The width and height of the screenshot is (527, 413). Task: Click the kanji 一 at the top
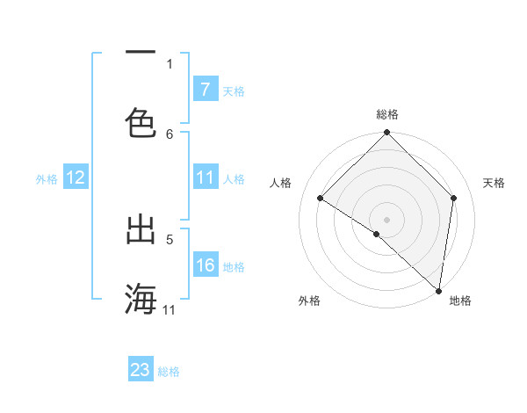[x=141, y=53]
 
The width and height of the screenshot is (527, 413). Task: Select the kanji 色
[x=141, y=122]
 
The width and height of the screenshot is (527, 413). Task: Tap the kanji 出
[x=141, y=230]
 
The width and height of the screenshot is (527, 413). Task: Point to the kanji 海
[x=141, y=299]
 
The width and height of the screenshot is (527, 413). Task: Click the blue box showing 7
[x=205, y=90]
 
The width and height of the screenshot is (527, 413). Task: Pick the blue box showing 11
[x=205, y=178]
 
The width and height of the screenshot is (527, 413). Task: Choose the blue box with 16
[x=205, y=265]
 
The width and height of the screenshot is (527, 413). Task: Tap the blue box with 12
[x=75, y=178]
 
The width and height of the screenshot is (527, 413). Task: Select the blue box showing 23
[x=141, y=370]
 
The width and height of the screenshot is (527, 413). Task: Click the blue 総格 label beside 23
[x=170, y=371]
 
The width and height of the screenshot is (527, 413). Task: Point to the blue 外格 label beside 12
[x=47, y=178]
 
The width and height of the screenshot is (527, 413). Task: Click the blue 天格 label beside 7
[x=234, y=91]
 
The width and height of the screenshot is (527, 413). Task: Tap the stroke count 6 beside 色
[x=170, y=134]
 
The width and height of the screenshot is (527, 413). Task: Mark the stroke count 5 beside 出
[x=170, y=237]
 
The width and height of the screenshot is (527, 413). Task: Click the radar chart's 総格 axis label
[x=387, y=114]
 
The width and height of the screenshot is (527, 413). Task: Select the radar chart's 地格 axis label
[x=460, y=301]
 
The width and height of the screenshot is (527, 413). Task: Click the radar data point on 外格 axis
[x=377, y=234]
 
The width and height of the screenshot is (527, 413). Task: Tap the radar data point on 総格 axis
[x=387, y=134]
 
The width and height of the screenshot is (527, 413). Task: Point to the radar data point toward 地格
[x=438, y=289]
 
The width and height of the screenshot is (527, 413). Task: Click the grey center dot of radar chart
[x=387, y=219]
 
